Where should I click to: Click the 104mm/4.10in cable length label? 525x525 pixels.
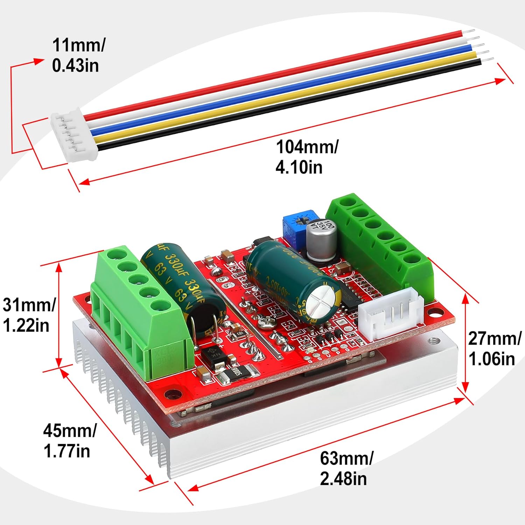pyautogui.click(x=307, y=157)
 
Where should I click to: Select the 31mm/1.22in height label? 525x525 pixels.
pyautogui.click(x=29, y=315)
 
